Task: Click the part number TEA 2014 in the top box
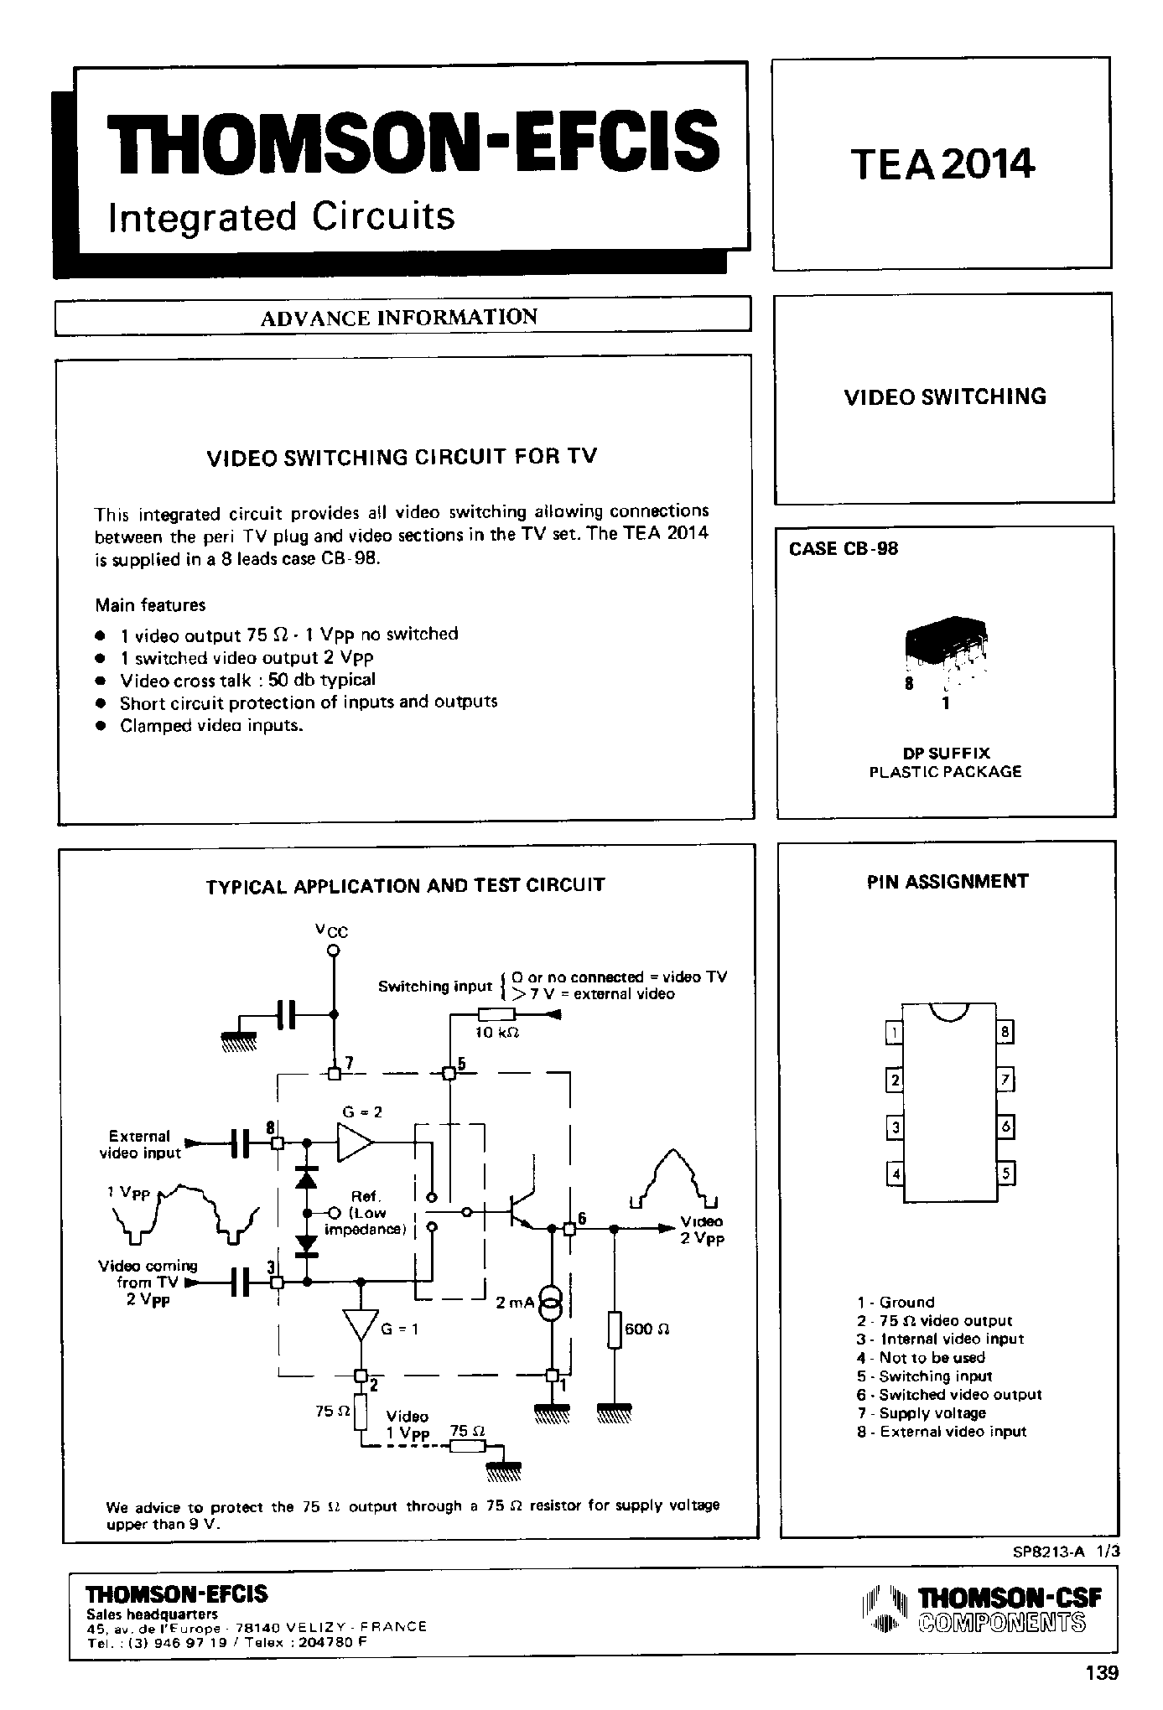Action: (943, 163)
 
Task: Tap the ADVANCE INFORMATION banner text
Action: (398, 318)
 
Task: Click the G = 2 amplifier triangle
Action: (354, 1143)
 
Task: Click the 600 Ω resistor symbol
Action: (615, 1330)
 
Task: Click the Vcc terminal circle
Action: (333, 951)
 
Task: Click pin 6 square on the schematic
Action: (569, 1229)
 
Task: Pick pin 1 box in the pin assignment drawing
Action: (895, 1033)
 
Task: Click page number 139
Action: (1101, 1673)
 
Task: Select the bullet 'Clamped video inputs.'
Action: (210, 725)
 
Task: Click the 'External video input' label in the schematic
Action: (140, 1144)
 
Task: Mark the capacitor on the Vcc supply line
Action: (288, 1016)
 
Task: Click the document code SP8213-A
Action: (1048, 1552)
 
